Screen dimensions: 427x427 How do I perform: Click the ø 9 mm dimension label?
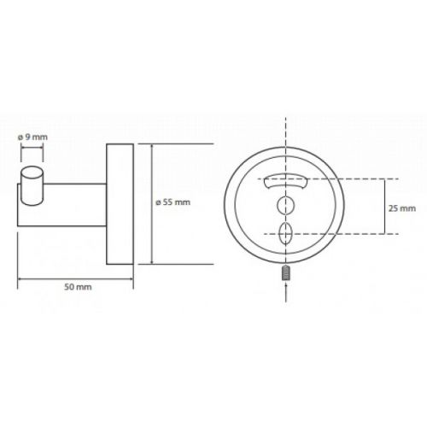tap(32, 137)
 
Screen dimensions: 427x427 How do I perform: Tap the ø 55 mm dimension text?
tap(173, 202)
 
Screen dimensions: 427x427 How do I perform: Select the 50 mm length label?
tap(78, 287)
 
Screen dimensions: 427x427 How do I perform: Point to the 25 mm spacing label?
tap(402, 208)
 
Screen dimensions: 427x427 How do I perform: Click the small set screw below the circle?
tap(285, 273)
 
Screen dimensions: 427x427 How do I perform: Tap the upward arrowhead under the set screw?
tap(285, 285)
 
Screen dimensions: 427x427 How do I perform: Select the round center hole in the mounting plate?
tap(285, 205)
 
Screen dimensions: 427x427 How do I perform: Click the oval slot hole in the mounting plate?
tap(285, 233)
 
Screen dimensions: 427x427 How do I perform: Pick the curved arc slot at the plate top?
tap(285, 182)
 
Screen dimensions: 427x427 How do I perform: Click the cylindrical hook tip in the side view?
tap(32, 185)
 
